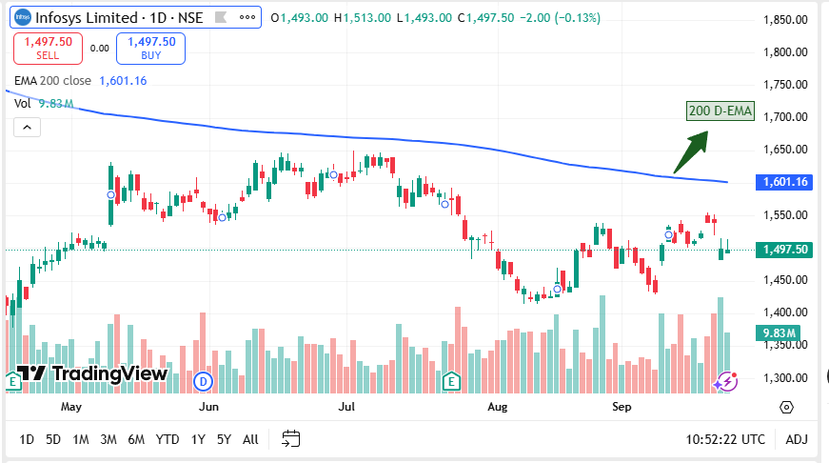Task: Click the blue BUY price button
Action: [x=150, y=48]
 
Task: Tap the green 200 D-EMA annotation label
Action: [x=720, y=111]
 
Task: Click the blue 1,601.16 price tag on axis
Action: [x=785, y=182]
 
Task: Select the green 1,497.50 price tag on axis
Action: [x=785, y=250]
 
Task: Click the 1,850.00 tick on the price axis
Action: [x=785, y=20]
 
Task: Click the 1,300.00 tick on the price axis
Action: [x=785, y=377]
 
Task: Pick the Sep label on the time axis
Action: [x=622, y=407]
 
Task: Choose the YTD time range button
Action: [x=168, y=439]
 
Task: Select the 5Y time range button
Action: [x=224, y=439]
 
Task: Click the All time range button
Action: [x=250, y=439]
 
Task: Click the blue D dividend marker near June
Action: [x=202, y=381]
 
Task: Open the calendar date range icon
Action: [x=291, y=439]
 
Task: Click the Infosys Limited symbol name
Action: [x=88, y=17]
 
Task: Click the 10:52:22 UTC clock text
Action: [x=725, y=439]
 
